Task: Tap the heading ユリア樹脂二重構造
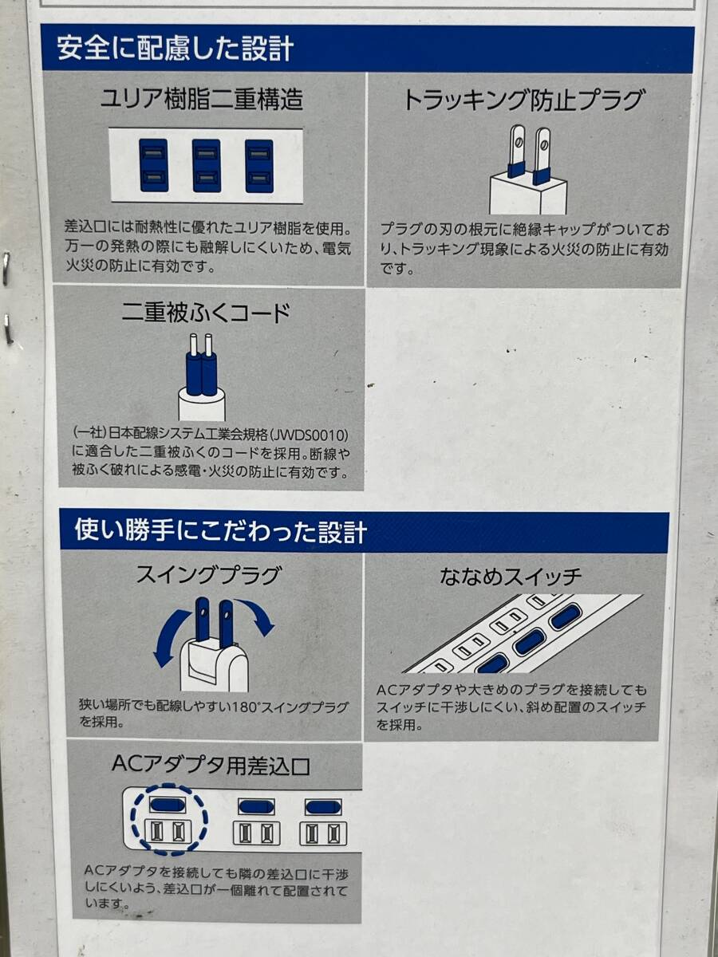pyautogui.click(x=202, y=98)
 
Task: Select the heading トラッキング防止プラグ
pyautogui.click(x=523, y=100)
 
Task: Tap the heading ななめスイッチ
pyautogui.click(x=511, y=577)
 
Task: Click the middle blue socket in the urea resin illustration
pyautogui.click(x=206, y=166)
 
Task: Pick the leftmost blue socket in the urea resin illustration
pyautogui.click(x=153, y=165)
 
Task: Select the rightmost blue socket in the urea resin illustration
pyautogui.click(x=259, y=166)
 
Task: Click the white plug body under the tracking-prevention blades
pyautogui.click(x=528, y=195)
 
